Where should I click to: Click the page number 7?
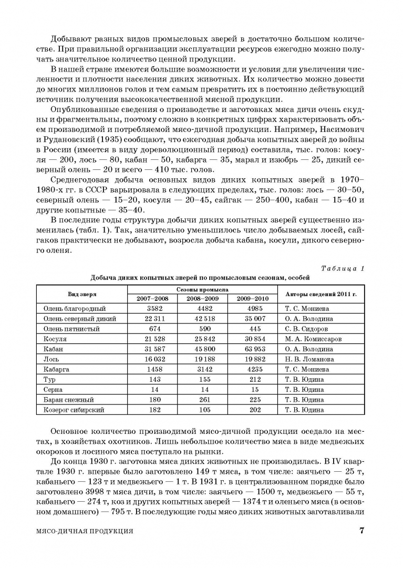[361, 531]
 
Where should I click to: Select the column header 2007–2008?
[152, 298]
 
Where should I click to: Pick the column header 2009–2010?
[252, 298]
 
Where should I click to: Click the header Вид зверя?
[82, 294]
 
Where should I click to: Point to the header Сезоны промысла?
[202, 289]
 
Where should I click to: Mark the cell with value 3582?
[152, 309]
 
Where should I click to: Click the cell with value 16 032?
[152, 359]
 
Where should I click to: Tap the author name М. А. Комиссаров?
[313, 339]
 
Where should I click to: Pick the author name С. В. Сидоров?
[306, 329]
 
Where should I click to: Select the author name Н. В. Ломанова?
[309, 359]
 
